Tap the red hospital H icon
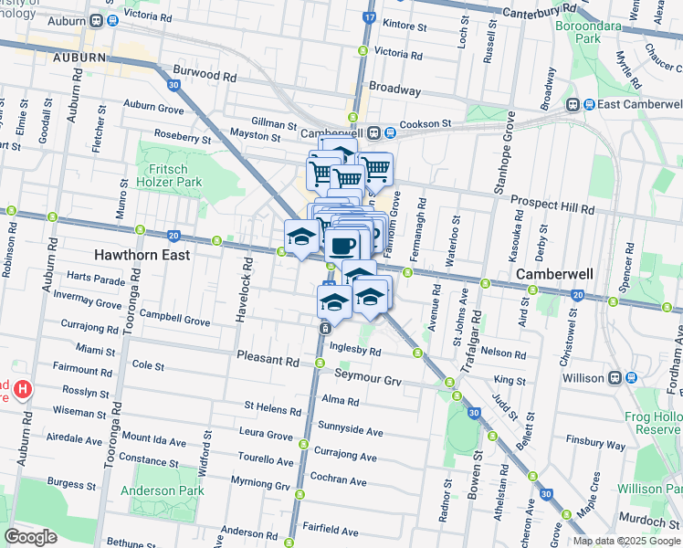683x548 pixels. point(24,389)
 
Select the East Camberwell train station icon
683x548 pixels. point(574,104)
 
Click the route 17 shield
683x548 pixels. point(369,16)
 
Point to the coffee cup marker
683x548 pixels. point(344,245)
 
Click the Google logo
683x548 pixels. point(30,537)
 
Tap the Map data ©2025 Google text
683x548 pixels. point(626,541)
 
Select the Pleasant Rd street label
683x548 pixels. point(267,362)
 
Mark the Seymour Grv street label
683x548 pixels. point(368,380)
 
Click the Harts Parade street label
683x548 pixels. point(95,278)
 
